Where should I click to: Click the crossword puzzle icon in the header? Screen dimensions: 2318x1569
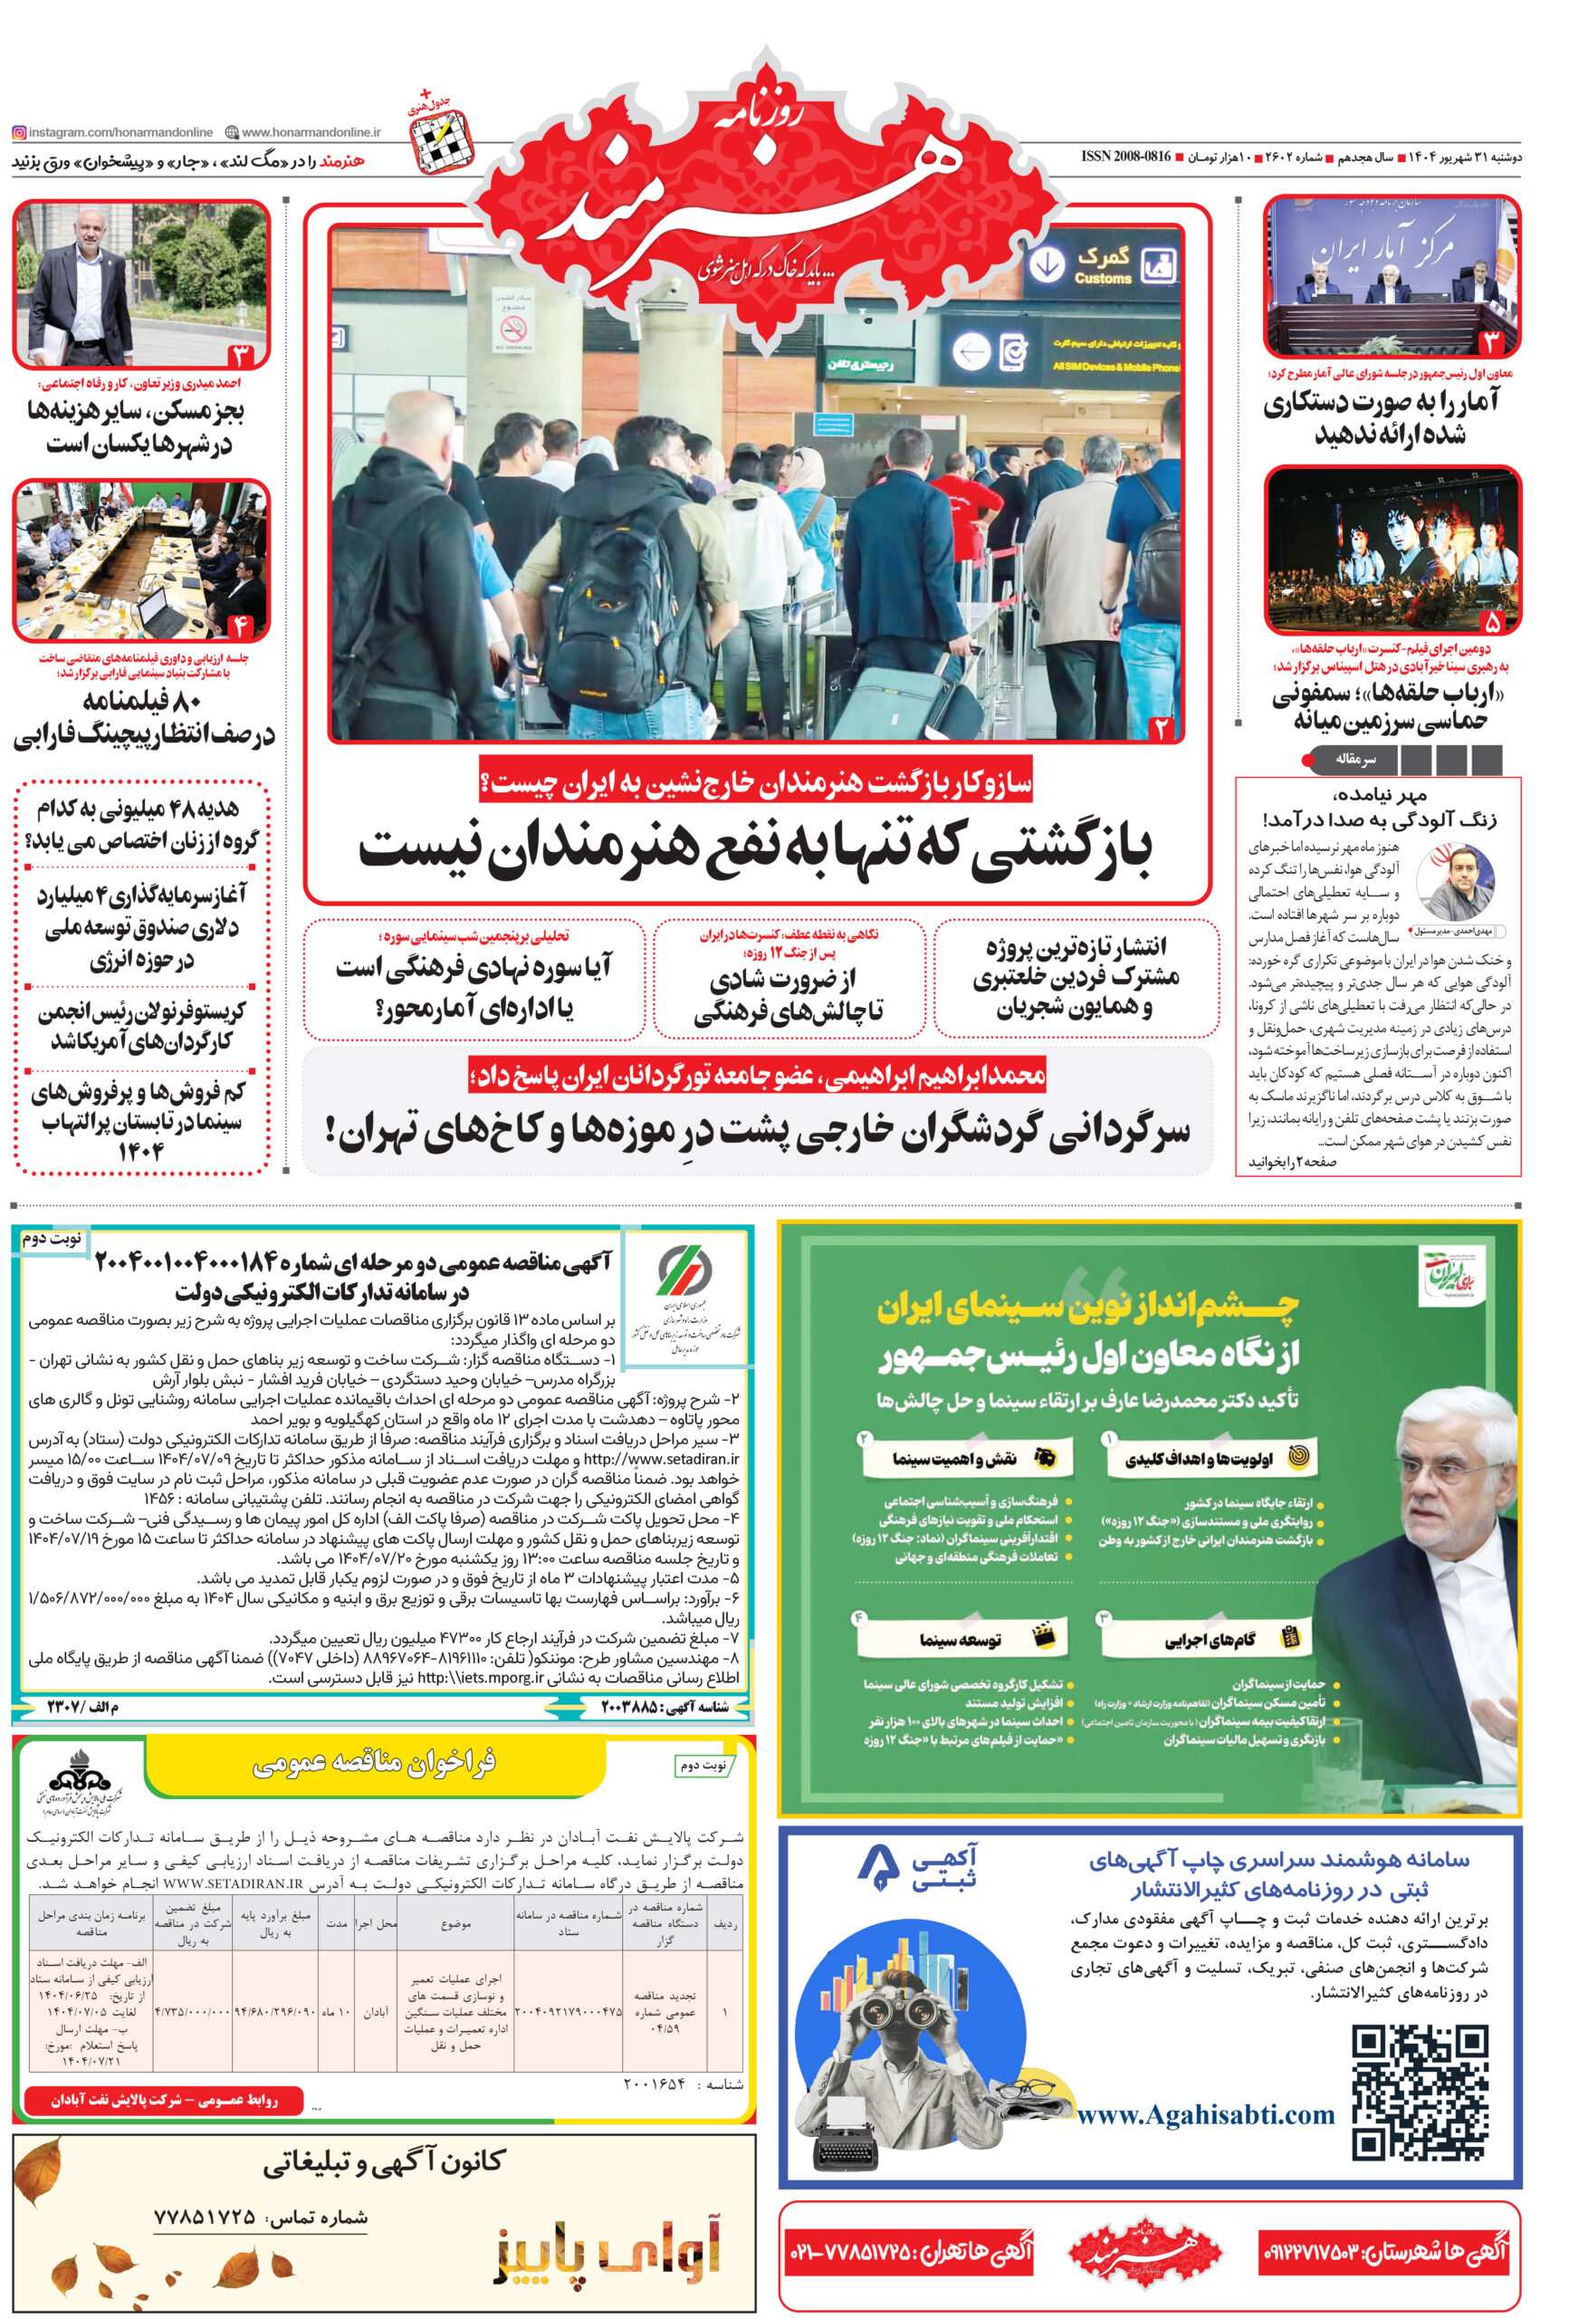[441, 140]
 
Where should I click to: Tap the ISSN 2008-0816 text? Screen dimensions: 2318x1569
[1125, 158]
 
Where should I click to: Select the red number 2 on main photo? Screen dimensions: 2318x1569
[1161, 727]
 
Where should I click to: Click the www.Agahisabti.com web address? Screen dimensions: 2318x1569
[1205, 2113]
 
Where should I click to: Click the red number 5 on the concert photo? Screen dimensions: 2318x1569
[1492, 621]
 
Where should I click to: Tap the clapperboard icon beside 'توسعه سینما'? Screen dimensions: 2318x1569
[1043, 1637]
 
